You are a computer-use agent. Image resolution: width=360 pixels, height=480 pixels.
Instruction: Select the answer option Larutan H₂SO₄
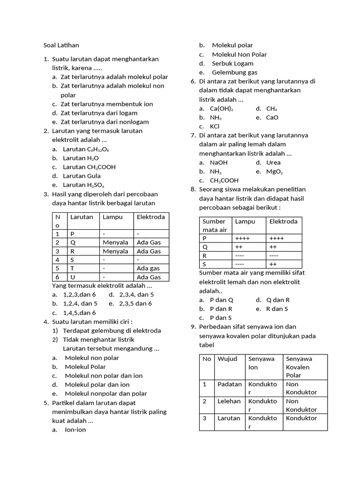click(83, 185)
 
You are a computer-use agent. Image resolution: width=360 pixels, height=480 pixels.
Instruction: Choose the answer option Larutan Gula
click(82, 176)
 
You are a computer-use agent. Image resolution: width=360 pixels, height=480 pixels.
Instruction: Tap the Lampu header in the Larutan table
click(112, 217)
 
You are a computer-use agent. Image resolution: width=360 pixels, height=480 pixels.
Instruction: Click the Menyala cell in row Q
click(115, 242)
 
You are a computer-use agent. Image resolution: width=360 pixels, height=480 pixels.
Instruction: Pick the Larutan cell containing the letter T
click(72, 268)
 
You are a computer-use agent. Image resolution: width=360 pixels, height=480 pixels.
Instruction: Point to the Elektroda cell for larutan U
click(148, 277)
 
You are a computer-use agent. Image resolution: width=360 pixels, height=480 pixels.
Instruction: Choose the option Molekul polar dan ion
click(97, 385)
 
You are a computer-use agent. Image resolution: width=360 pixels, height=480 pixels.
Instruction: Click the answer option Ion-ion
click(75, 430)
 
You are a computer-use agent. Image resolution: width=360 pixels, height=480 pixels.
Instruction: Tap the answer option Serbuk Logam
click(232, 63)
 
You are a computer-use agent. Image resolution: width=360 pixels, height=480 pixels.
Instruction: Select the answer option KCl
click(215, 127)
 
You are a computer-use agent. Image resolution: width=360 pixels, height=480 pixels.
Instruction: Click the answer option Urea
click(273, 163)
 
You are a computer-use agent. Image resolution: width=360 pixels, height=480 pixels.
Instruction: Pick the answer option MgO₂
click(274, 172)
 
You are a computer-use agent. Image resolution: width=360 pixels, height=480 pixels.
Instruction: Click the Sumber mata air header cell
click(215, 225)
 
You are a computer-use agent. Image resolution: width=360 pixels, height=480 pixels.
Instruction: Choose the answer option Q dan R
click(277, 300)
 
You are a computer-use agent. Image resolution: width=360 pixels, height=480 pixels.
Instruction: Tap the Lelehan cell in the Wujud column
click(229, 401)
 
